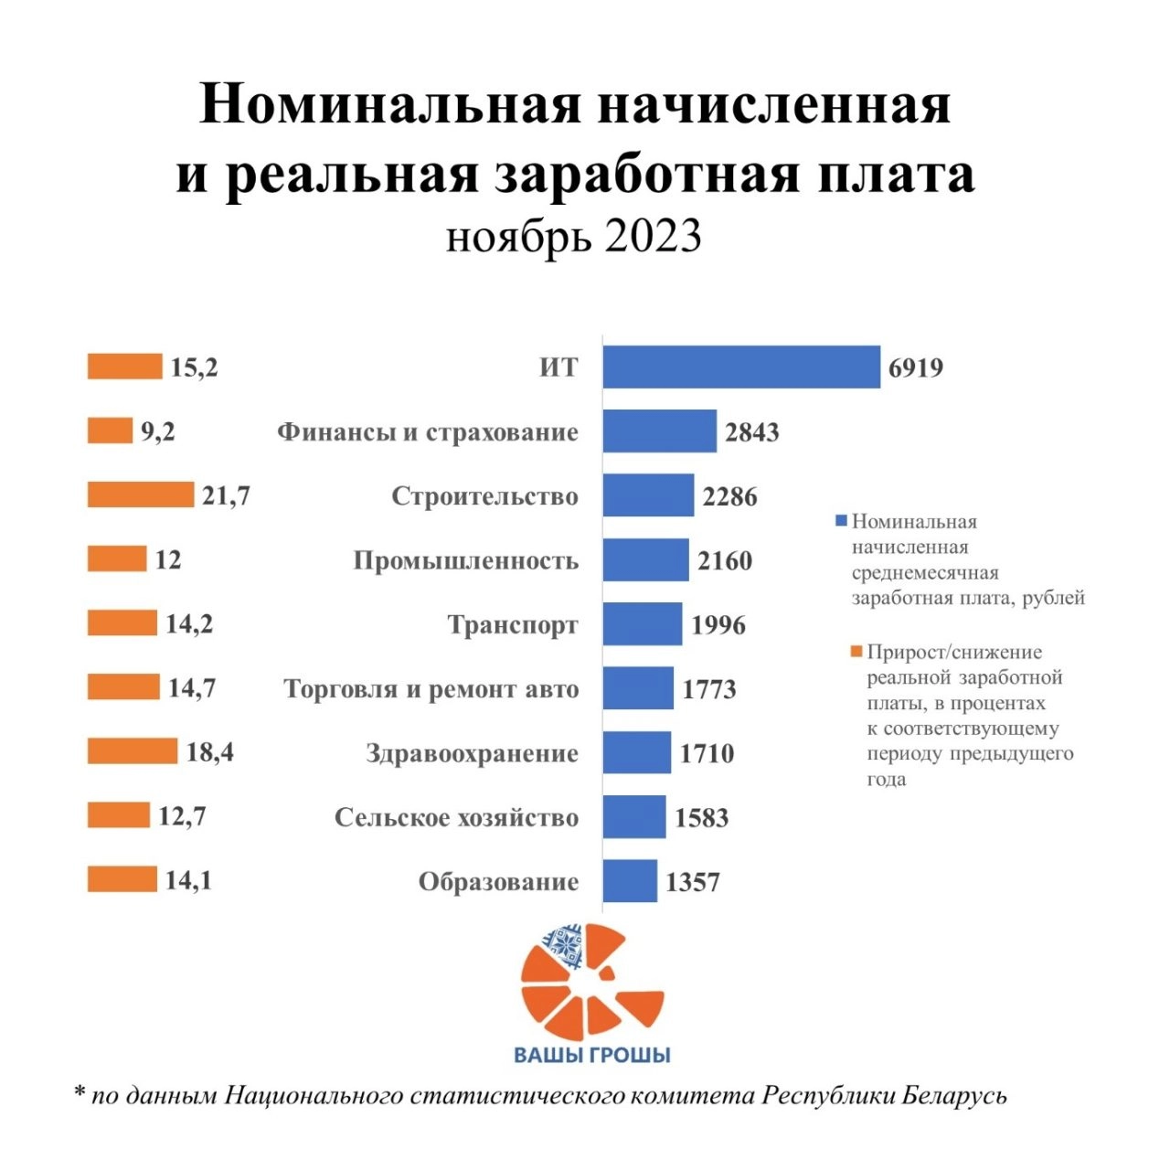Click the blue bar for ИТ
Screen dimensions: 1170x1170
pos(741,367)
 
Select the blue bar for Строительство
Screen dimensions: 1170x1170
pos(648,495)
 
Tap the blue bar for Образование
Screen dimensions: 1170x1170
pos(630,881)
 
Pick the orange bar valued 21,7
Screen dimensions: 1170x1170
pos(141,495)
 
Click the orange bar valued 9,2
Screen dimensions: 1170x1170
pos(110,431)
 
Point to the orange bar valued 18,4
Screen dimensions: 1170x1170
pos(133,751)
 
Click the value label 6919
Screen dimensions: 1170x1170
pos(916,368)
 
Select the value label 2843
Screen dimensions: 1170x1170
pos(752,432)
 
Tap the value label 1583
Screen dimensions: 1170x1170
pos(702,818)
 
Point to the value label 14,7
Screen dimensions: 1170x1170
pos(192,687)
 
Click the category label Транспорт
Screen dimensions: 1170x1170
pos(513,625)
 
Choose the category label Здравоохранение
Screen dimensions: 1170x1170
pos(473,754)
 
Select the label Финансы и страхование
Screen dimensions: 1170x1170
pos(428,432)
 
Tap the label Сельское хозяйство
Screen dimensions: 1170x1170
pos(456,818)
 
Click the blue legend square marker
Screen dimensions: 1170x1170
pos(842,521)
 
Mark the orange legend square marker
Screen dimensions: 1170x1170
pos(856,652)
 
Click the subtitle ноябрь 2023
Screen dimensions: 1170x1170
pos(574,237)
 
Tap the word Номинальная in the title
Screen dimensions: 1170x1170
pos(389,104)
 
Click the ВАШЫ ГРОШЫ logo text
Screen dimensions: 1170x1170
pos(592,1055)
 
